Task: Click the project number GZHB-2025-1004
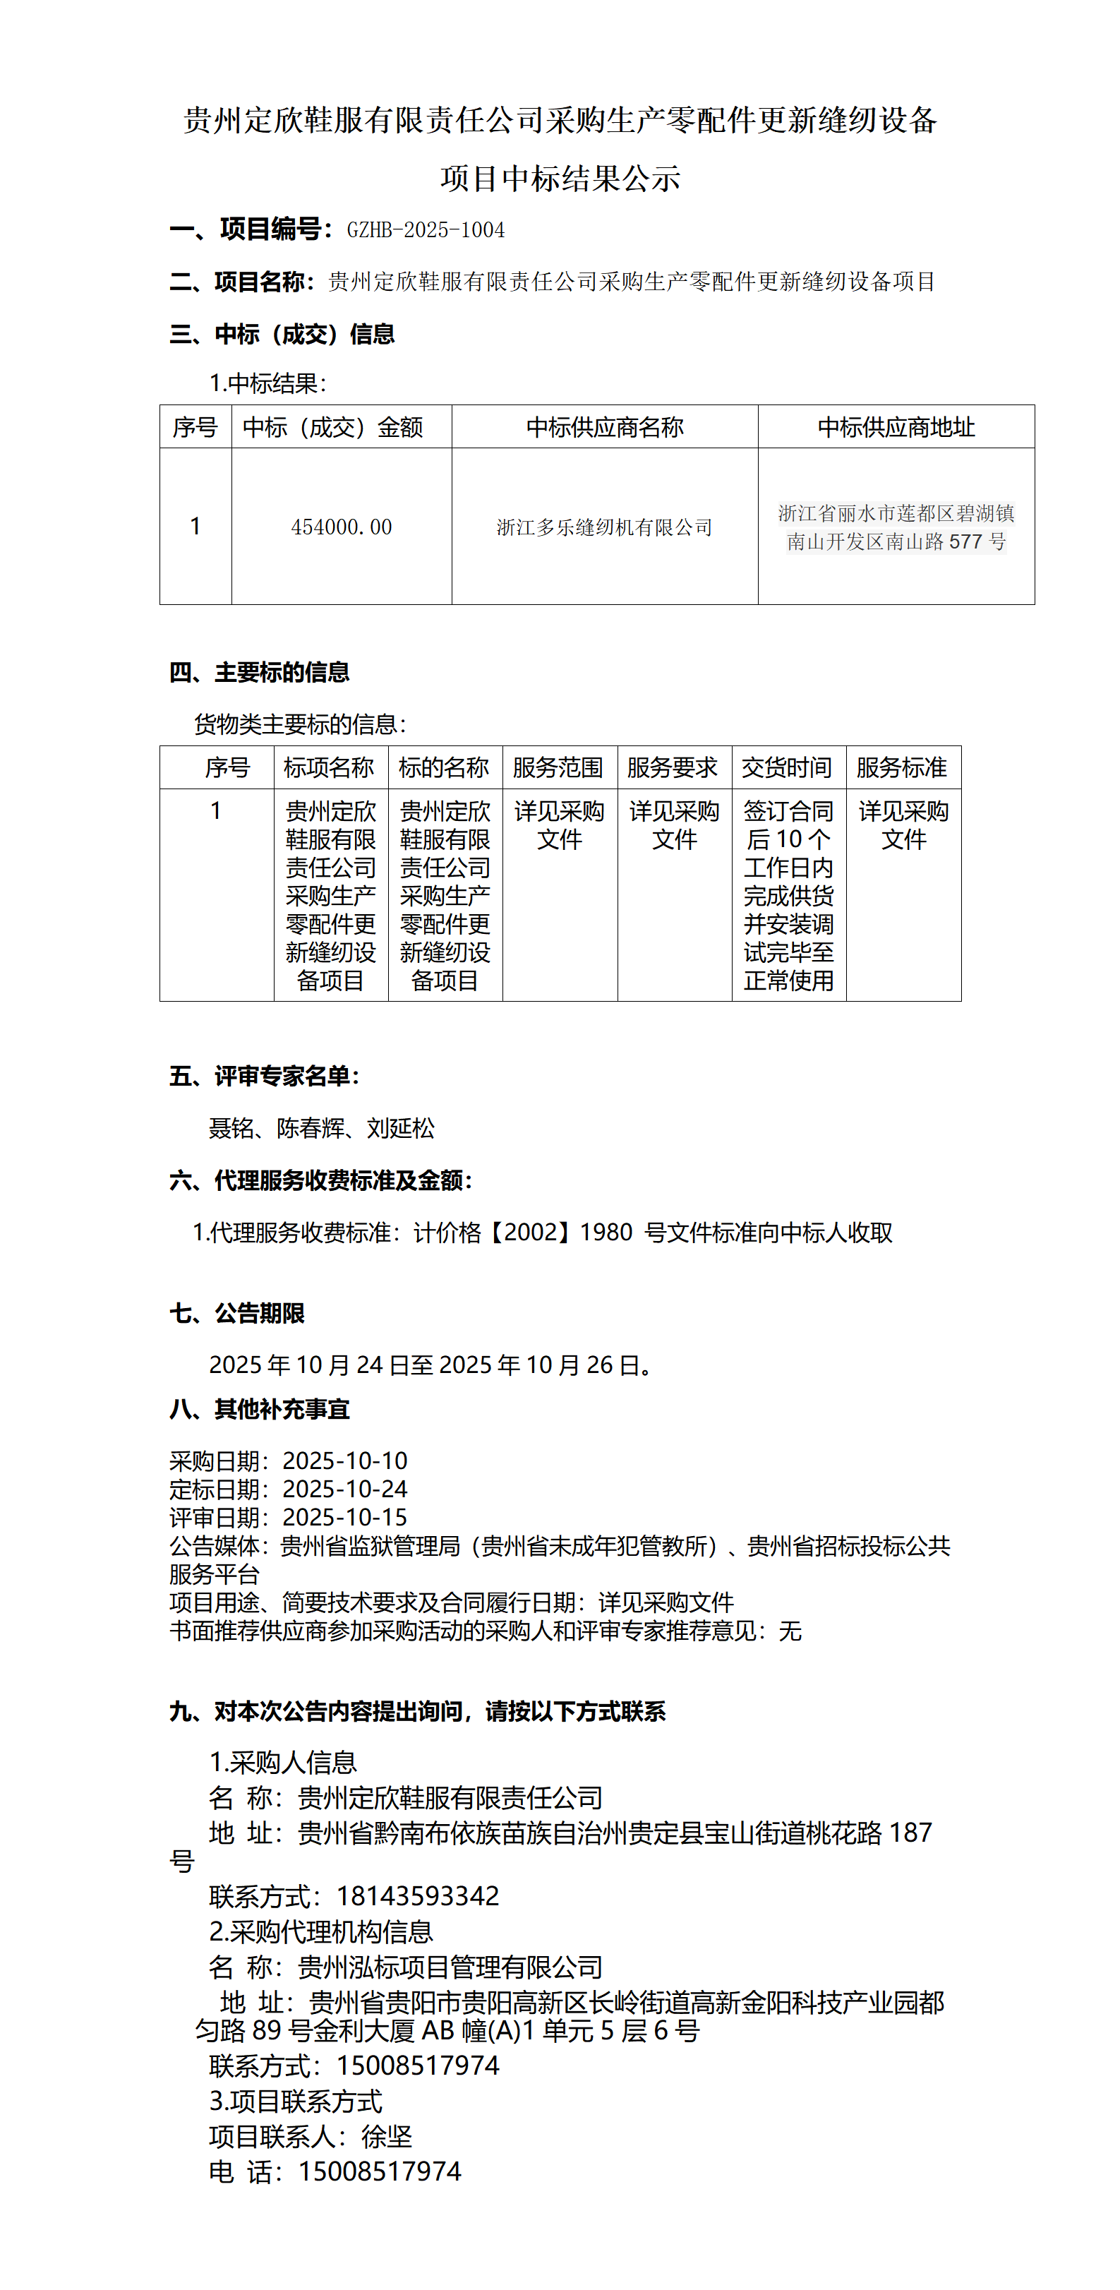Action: point(426,230)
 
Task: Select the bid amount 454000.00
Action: point(342,527)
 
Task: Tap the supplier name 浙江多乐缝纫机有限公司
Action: point(604,527)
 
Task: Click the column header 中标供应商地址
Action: point(896,428)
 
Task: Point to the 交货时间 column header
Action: point(788,767)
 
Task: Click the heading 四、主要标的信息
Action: point(260,672)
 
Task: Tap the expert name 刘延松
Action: point(401,1128)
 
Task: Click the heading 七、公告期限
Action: point(237,1313)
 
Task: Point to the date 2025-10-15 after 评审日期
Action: point(345,1518)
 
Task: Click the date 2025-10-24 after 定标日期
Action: point(345,1489)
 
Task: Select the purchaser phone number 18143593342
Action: point(418,1896)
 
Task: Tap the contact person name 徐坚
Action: point(387,2136)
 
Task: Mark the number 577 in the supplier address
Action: point(965,541)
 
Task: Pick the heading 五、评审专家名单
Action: point(265,1077)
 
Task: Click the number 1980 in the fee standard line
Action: point(606,1232)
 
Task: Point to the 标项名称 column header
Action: point(329,767)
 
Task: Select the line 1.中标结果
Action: point(268,383)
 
